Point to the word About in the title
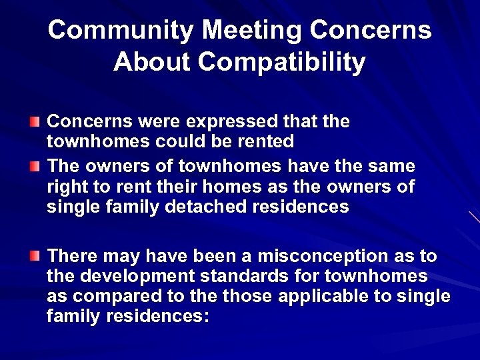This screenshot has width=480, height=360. [151, 62]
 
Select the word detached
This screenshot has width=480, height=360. [204, 207]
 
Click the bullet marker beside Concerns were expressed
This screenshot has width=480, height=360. [35, 121]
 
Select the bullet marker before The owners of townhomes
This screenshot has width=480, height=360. [35, 165]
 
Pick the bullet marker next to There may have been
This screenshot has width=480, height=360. [35, 255]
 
